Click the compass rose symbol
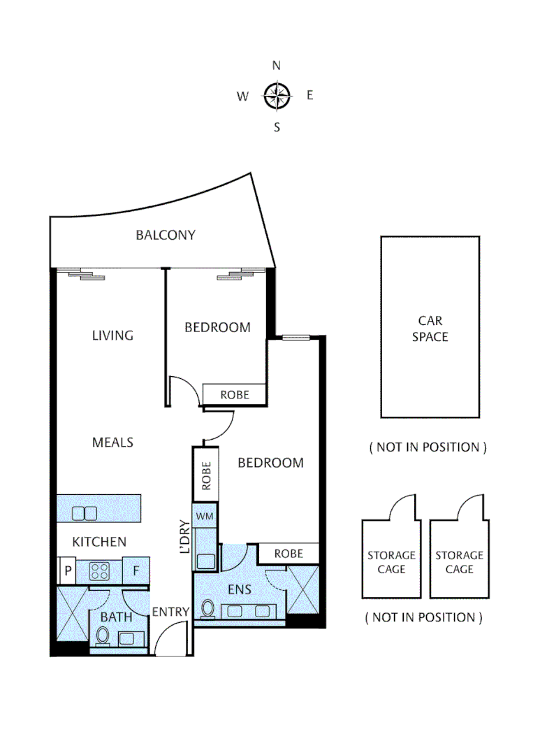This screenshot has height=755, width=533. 277,96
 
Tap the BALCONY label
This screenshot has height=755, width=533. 166,235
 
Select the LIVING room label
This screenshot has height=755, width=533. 112,336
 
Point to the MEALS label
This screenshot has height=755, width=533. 112,443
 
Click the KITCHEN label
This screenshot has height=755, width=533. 99,542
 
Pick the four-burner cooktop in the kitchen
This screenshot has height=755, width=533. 99,570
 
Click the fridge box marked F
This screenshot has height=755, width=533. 136,570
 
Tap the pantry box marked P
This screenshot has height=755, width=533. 68,570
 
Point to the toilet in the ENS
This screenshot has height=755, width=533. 207,608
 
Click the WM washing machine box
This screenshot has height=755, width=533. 205,516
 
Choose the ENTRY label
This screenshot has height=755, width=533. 171,612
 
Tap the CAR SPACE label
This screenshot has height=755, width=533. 430,329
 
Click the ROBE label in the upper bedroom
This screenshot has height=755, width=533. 235,394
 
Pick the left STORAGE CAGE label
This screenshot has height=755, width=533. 391,562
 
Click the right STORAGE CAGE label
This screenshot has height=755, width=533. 459,562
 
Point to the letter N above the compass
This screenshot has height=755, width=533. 277,66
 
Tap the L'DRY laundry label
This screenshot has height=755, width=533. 185,537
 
